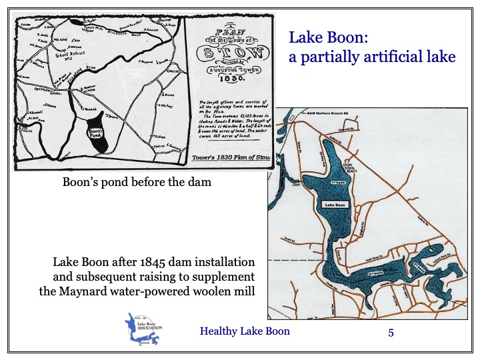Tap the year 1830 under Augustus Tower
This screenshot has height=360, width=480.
(229, 79)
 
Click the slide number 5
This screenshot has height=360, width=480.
(391, 331)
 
